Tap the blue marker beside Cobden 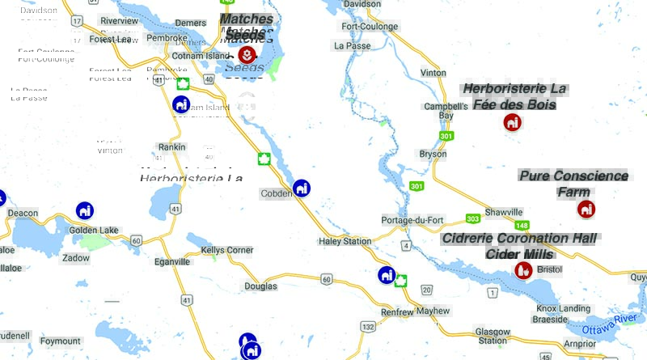302,188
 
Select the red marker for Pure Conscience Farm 586,209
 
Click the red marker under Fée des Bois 512,122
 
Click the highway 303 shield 472,219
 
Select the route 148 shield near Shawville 522,225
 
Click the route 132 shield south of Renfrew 369,326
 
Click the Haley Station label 345,241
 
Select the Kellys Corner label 226,250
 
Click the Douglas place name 260,286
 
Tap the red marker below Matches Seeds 247,55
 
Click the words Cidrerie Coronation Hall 519,239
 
